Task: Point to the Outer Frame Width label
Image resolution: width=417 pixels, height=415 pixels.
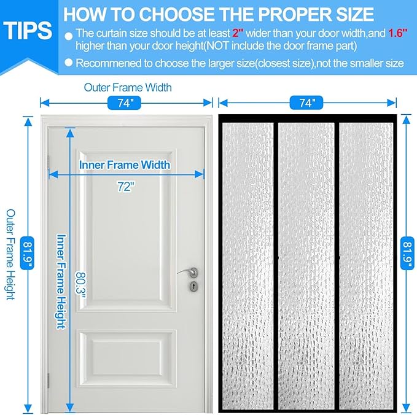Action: point(127,87)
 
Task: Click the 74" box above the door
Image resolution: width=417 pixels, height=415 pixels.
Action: point(126,104)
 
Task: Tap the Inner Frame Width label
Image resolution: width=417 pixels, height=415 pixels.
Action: point(125,165)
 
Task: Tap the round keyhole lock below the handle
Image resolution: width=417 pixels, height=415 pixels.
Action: point(194,286)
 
